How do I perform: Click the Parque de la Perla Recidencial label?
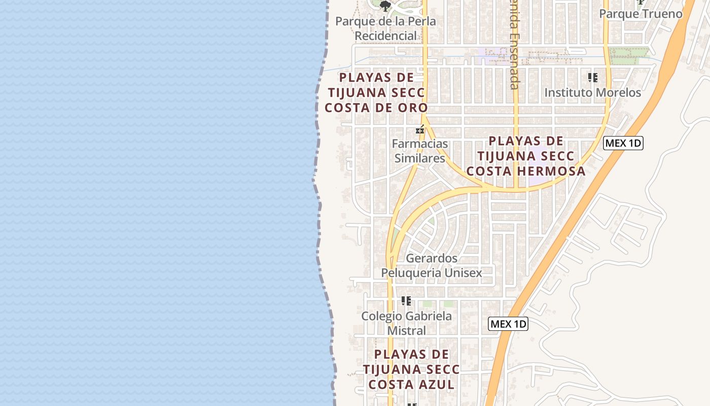tap(385, 29)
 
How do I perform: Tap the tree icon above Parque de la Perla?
tap(385, 6)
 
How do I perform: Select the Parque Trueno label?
tap(641, 14)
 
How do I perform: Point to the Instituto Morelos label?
tap(592, 92)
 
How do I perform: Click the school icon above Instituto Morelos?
tap(592, 78)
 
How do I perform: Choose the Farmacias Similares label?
tap(420, 151)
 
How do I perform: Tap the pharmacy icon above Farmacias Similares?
tap(420, 130)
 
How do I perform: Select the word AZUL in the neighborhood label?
tap(436, 385)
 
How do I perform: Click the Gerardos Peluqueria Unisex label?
tap(432, 265)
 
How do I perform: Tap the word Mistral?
tap(406, 331)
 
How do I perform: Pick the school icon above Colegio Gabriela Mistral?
tap(406, 301)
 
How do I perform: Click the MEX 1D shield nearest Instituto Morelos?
tap(623, 143)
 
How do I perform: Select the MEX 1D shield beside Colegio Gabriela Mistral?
tap(508, 324)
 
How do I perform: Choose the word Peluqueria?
tap(411, 273)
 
